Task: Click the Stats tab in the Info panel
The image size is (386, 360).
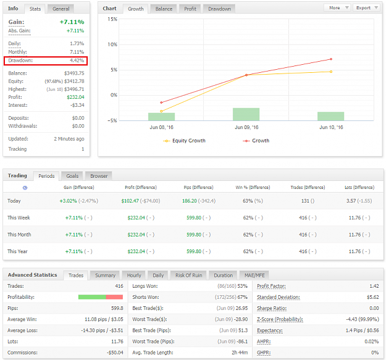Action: [x=35, y=9]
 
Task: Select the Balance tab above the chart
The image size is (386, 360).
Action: [x=164, y=9]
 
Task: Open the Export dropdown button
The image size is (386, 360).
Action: [x=367, y=7]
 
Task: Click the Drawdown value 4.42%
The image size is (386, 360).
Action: [x=77, y=61]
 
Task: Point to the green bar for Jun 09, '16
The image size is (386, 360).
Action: [x=246, y=114]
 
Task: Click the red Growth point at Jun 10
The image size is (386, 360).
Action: [x=331, y=59]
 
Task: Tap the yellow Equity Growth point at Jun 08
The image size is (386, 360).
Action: [x=161, y=111]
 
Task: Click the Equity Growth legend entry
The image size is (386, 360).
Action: [x=184, y=141]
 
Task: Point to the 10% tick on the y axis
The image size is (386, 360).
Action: [x=112, y=44]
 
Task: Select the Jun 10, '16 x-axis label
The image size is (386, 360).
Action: [x=331, y=127]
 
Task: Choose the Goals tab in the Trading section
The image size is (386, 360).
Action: [x=72, y=176]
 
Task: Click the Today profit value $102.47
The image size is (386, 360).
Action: [x=130, y=201]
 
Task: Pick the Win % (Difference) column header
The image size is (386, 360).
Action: [x=253, y=188]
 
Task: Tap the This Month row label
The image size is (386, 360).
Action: [x=19, y=235]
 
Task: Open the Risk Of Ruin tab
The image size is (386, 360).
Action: [x=188, y=275]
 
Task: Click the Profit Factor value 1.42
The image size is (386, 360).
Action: [x=374, y=286]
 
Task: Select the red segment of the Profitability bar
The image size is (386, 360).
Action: [x=114, y=297]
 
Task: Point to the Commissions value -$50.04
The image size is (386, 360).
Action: [x=115, y=353]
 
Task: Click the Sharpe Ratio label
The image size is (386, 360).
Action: [x=272, y=308]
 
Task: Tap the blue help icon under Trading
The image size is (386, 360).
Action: [x=25, y=188]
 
